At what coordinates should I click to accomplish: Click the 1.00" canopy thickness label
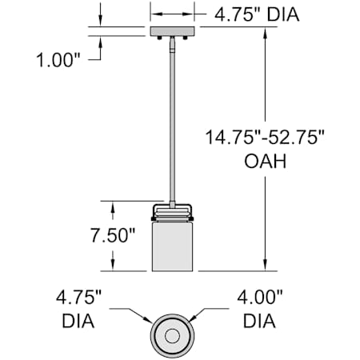tap(58, 60)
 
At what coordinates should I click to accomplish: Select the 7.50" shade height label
tap(113, 235)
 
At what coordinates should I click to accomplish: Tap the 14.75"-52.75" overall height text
tap(265, 138)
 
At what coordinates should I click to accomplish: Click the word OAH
tap(266, 161)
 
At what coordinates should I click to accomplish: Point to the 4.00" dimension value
tap(260, 297)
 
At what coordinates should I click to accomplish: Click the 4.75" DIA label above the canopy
tap(257, 14)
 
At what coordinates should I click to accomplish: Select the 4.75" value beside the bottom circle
tap(79, 297)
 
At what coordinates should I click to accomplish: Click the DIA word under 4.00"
tap(259, 321)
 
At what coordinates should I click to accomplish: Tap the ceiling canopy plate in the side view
tap(172, 31)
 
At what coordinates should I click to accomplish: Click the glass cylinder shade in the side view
tap(172, 246)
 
